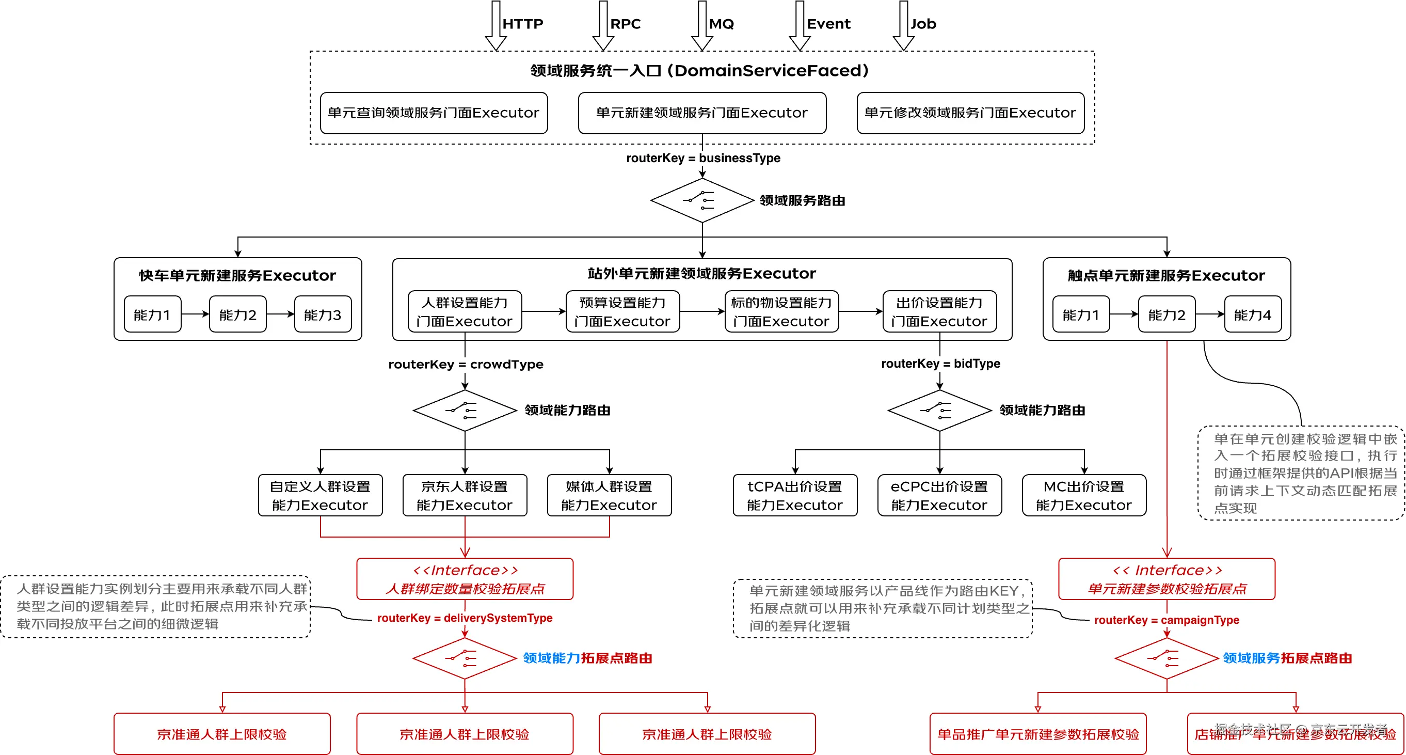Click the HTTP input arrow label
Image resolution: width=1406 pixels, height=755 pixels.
522,24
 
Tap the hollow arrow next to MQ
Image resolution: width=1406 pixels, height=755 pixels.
702,26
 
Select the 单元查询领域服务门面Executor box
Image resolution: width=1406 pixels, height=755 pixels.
434,113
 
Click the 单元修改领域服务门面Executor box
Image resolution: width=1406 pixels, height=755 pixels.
970,113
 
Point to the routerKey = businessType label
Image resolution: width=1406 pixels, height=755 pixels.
703,159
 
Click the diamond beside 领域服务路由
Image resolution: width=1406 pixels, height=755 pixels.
702,200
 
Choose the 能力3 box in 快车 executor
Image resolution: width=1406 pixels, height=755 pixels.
323,315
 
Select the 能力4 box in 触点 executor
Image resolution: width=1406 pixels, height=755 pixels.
1252,315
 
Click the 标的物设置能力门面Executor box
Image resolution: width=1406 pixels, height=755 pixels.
781,312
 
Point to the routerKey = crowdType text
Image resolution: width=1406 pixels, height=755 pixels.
466,364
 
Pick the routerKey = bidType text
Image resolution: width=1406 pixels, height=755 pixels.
940,364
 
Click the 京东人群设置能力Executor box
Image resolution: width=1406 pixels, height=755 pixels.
465,495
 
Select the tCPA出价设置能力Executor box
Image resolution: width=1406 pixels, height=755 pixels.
795,495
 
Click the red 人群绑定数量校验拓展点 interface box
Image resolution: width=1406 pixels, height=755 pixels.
465,579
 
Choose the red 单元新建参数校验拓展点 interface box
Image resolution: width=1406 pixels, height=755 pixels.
1167,579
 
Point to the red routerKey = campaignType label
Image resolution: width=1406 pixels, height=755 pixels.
1167,620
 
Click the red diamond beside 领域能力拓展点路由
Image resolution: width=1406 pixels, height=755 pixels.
465,658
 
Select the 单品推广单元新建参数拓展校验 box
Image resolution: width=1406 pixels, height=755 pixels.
1037,734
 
